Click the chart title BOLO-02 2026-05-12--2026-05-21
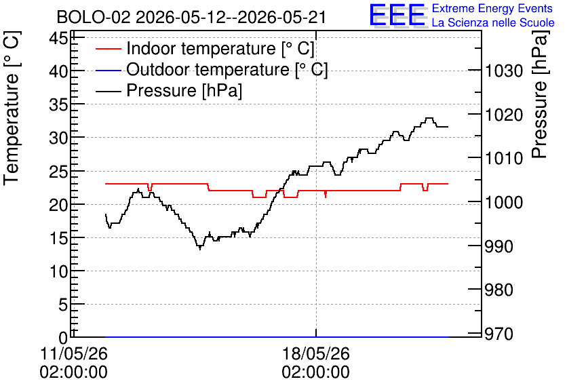pyautogui.click(x=191, y=17)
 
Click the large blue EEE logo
pyautogui.click(x=397, y=15)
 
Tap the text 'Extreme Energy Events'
pyautogui.click(x=492, y=8)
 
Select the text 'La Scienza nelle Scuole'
pyautogui.click(x=493, y=22)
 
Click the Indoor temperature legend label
pyautogui.click(x=220, y=48)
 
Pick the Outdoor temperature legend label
pyautogui.click(x=227, y=69)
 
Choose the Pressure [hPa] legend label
pyautogui.click(x=184, y=90)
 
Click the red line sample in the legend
pyautogui.click(x=108, y=49)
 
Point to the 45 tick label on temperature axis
pyautogui.click(x=58, y=37)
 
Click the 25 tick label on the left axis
pyautogui.click(x=58, y=172)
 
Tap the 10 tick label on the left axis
pyautogui.click(x=58, y=271)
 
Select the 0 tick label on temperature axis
pyautogui.click(x=63, y=338)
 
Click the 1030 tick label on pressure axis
pyautogui.click(x=504, y=71)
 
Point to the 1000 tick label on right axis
pyautogui.click(x=504, y=203)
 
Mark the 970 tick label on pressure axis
pyautogui.click(x=499, y=334)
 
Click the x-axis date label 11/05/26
pyautogui.click(x=74, y=353)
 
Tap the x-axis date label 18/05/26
pyautogui.click(x=316, y=353)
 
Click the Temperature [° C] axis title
pyautogui.click(x=12, y=108)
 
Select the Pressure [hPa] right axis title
pyautogui.click(x=541, y=94)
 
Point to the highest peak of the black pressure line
pyautogui.click(x=429, y=118)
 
